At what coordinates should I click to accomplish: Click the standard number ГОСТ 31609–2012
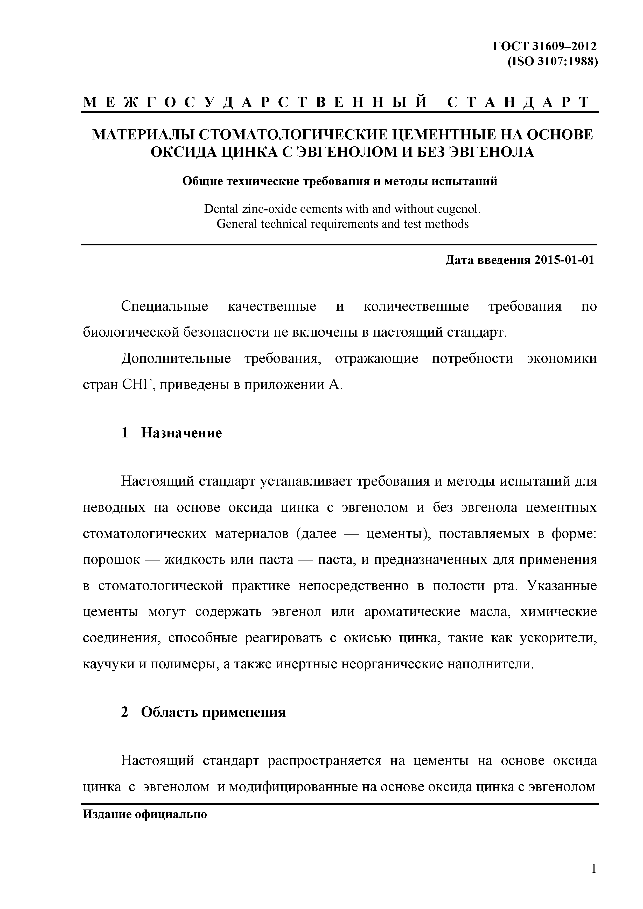[544, 47]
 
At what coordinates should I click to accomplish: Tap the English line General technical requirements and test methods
[342, 224]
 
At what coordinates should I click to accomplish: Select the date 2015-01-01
[564, 260]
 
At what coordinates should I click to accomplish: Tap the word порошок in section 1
[111, 560]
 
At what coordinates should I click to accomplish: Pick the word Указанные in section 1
[562, 586]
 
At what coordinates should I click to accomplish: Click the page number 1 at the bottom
[593, 880]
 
